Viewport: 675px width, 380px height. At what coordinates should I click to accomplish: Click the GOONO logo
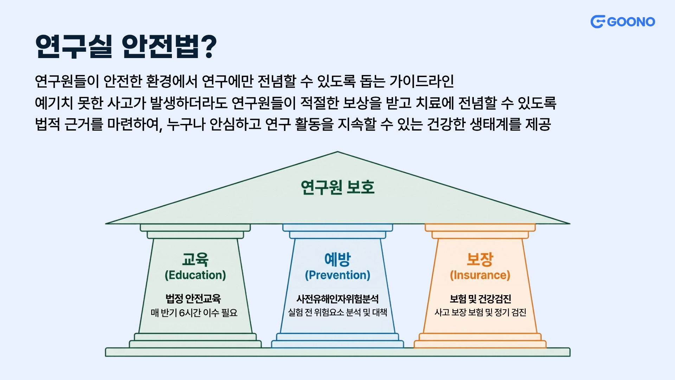[x=623, y=22]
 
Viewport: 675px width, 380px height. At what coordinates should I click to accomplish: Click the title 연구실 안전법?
[x=126, y=46]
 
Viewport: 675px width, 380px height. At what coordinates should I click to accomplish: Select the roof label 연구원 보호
[x=337, y=187]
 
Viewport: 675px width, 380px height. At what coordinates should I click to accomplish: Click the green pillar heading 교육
[x=195, y=260]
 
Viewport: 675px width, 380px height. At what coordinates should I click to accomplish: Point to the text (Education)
[x=195, y=275]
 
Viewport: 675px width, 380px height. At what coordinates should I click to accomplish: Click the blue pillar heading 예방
[x=337, y=260]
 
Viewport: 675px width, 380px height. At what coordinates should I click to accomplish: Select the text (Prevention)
[x=337, y=275]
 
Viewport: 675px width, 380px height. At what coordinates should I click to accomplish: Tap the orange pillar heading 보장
[x=480, y=260]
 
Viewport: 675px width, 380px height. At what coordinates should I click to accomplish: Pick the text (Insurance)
[x=480, y=275]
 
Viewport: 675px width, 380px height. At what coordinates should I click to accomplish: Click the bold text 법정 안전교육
[x=193, y=299]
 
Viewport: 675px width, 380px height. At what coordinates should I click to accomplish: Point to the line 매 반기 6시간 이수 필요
[x=194, y=312]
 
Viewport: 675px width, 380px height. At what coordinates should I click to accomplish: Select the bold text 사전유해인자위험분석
[x=337, y=299]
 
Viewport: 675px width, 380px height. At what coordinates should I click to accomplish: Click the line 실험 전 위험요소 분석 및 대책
[x=337, y=312]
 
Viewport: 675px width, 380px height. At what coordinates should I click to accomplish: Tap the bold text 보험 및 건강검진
[x=480, y=299]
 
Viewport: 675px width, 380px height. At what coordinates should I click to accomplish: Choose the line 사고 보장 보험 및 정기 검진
[x=480, y=312]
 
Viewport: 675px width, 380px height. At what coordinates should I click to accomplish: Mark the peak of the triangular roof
[x=337, y=152]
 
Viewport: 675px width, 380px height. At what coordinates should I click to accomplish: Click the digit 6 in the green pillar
[x=182, y=313]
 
